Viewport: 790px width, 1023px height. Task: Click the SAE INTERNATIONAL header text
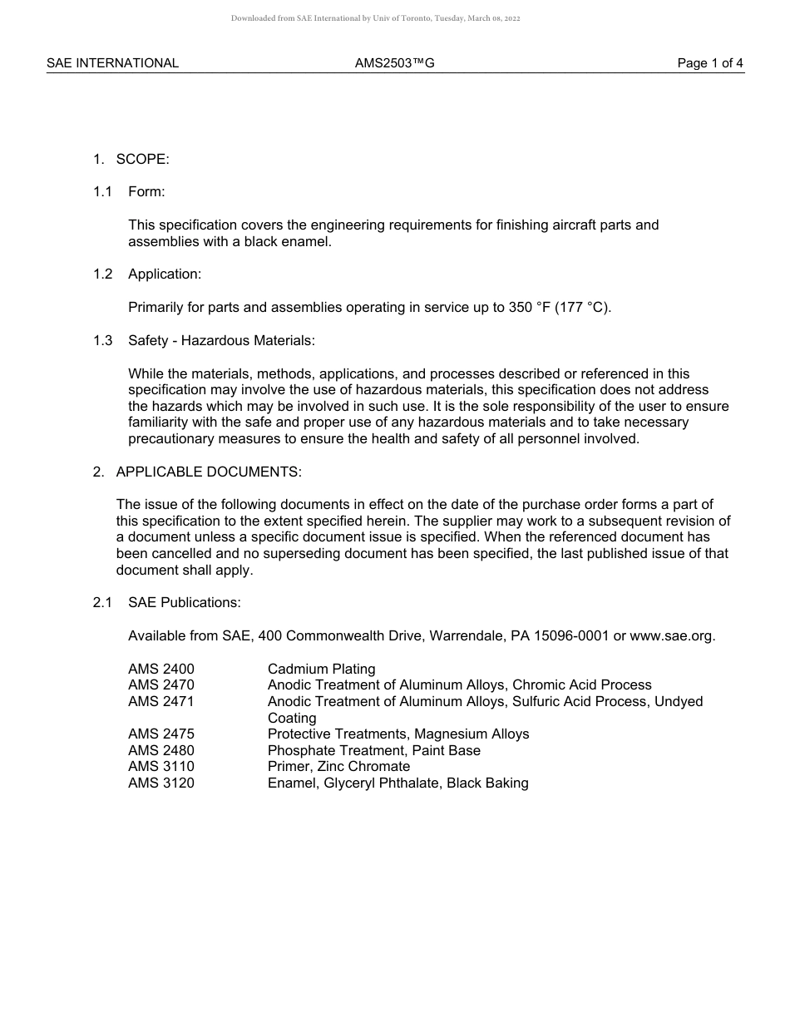(112, 63)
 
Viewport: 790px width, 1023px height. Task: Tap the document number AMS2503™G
(394, 63)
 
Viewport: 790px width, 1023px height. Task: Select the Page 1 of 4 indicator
(710, 63)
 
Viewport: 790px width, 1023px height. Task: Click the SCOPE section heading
(142, 159)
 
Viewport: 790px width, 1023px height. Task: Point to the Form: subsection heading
(146, 192)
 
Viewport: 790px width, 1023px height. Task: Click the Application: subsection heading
(165, 274)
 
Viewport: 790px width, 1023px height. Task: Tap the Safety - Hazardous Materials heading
(221, 340)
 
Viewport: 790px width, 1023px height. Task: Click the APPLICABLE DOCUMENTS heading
(209, 472)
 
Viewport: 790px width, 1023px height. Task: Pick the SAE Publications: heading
(184, 603)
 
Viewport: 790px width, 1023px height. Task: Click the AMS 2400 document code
(161, 669)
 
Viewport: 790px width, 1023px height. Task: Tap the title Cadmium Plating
(321, 669)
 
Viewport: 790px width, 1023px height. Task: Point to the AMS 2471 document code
(161, 701)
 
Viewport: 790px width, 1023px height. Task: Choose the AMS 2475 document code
(161, 734)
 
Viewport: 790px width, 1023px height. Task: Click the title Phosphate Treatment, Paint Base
(373, 750)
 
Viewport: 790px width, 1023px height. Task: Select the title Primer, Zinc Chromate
(338, 766)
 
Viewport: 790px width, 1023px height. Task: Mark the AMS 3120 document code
(161, 783)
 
